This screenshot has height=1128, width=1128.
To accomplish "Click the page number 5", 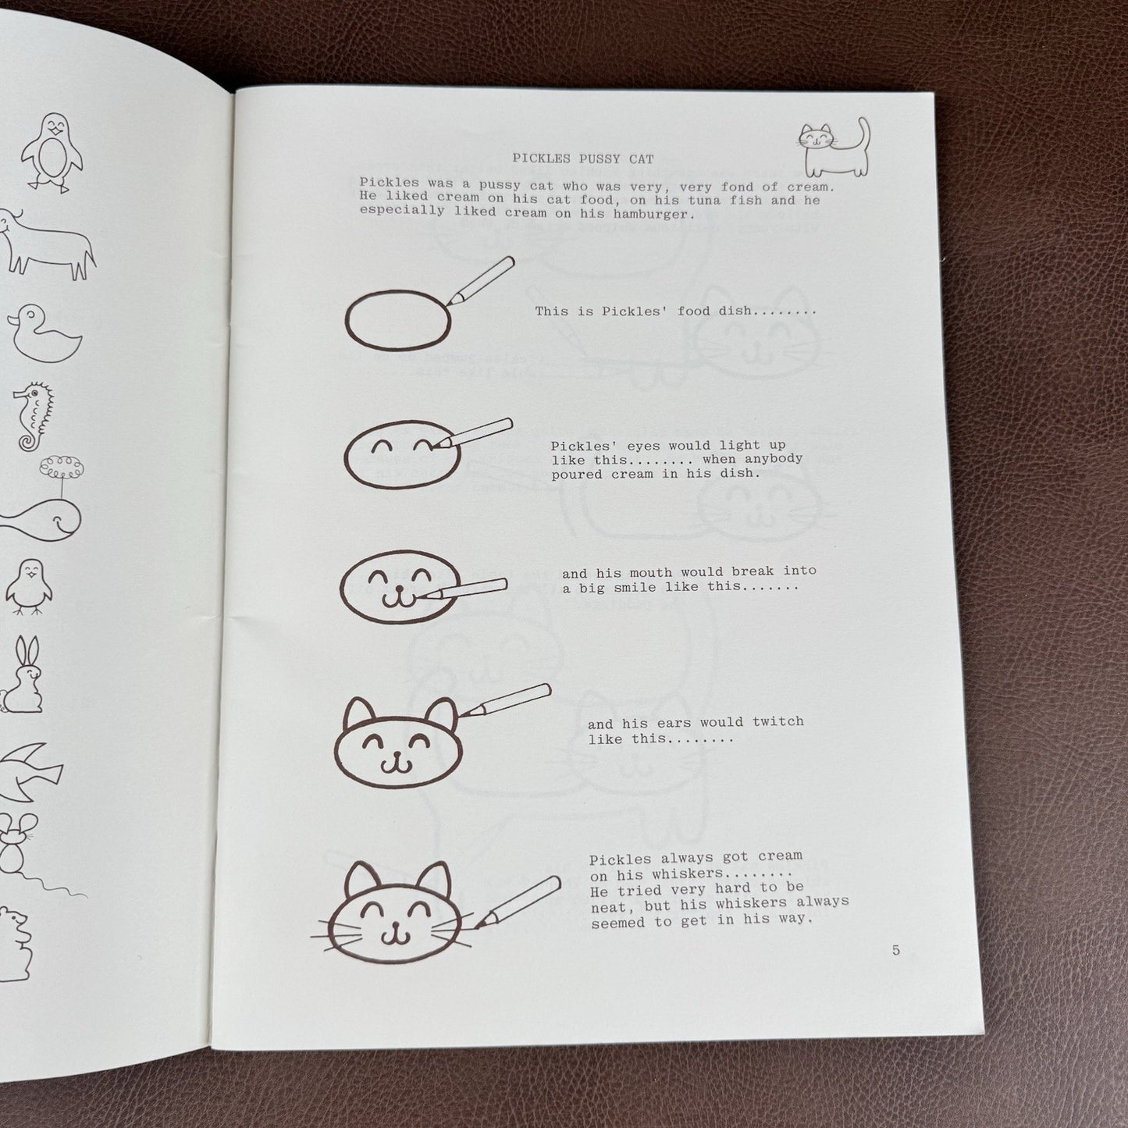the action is pos(895,950).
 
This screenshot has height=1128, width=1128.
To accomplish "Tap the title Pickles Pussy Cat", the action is pos(583,158).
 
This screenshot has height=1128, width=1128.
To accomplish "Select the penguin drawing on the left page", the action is pos(52,152).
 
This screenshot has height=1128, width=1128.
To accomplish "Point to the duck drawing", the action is pos(44,333).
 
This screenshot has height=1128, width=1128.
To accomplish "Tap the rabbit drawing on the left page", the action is pos(23,674).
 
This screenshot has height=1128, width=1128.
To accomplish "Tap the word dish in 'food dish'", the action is pos(734,311).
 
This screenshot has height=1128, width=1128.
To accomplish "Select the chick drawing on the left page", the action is pos(29,586).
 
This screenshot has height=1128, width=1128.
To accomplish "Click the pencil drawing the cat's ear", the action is pos(504,700).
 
